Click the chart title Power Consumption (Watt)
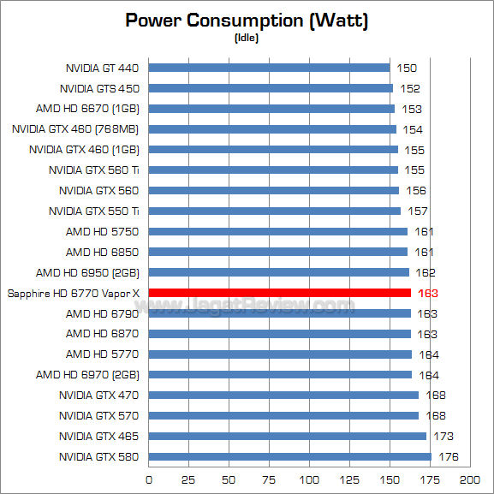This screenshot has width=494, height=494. tap(247, 21)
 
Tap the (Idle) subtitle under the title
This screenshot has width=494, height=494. tap(247, 38)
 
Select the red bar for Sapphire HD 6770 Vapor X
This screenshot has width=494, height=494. tap(280, 293)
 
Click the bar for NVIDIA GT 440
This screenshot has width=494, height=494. tap(270, 68)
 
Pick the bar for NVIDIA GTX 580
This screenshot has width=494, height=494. tap(290, 457)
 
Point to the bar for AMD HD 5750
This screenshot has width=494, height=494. tap(278, 231)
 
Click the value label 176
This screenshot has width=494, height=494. tap(448, 457)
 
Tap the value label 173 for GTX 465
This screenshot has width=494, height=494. tap(443, 437)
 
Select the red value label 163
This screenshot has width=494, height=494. tap(427, 293)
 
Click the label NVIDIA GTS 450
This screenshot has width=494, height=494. tap(99, 88)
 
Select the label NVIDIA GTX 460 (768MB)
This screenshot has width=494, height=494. tap(75, 129)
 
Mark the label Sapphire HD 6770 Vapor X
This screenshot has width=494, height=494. tap(73, 293)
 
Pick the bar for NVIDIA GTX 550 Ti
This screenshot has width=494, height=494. tap(275, 211)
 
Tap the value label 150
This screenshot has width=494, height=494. tap(407, 68)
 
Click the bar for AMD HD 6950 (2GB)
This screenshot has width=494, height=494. tap(279, 272)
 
